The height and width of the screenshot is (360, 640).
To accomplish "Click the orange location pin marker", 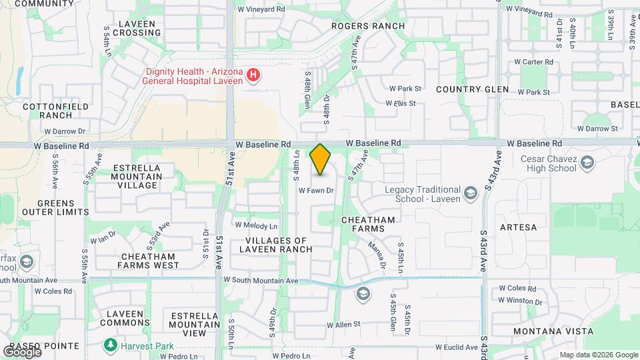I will [321, 159].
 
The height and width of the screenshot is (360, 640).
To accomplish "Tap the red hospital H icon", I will [253, 75].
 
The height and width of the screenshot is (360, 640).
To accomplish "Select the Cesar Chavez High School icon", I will [587, 163].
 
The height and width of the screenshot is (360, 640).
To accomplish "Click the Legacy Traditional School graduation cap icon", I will [471, 193].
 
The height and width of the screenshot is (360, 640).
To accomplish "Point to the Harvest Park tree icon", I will [110, 345].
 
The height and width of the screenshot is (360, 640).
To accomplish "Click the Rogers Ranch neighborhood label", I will [369, 26].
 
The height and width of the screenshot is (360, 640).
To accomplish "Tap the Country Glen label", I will [472, 89].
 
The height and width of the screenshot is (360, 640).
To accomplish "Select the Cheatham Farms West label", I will [148, 261].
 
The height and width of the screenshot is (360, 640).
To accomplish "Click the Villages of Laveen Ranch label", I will [279, 245].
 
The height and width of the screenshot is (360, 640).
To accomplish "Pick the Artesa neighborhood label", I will [518, 227].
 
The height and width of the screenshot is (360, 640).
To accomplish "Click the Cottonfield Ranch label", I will [47, 111].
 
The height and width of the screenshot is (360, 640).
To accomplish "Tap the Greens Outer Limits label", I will [56, 208].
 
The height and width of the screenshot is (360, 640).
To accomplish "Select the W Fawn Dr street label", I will [315, 191].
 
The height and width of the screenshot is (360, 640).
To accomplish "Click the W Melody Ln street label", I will [255, 226].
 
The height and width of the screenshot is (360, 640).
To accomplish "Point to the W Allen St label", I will [343, 325].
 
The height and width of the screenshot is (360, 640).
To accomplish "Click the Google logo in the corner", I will [22, 351].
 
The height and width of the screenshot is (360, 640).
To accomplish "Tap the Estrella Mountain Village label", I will [137, 177].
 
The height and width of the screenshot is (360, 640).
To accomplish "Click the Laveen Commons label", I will [125, 318].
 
